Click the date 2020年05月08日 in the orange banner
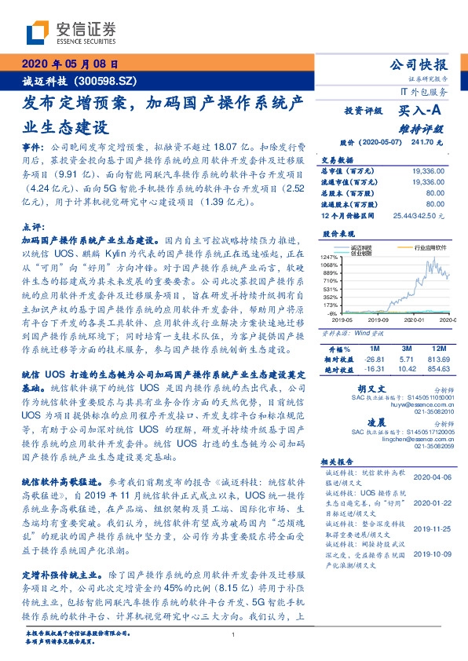(69, 65)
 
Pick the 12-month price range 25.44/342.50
(419, 214)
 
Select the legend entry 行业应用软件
(429, 246)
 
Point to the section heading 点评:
(34, 226)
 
